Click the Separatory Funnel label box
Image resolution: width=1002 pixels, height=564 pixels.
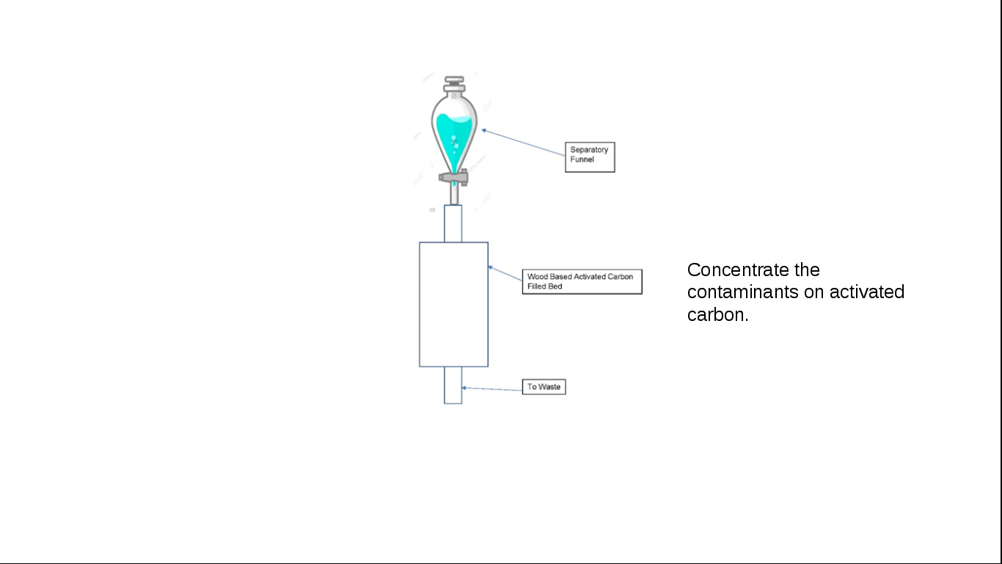[x=590, y=157]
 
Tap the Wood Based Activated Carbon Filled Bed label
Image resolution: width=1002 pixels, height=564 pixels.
[x=582, y=282]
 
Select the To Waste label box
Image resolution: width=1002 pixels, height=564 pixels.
[x=544, y=387]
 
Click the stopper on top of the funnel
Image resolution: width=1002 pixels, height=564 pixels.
[x=454, y=84]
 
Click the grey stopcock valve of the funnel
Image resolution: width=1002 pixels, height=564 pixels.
[x=453, y=178]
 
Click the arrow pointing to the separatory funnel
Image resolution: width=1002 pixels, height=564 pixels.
[x=523, y=143]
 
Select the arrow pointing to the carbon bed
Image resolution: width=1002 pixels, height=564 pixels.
[x=505, y=273]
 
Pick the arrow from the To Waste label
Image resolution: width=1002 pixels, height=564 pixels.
[x=491, y=388]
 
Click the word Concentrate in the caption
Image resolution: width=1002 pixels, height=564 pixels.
[x=738, y=270]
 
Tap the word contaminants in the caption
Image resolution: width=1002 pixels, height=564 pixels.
[x=743, y=292]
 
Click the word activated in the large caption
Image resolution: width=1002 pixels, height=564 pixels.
[x=867, y=292]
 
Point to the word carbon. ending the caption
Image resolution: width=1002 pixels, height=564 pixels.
[x=718, y=315]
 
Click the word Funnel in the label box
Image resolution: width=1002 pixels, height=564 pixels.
[x=582, y=159]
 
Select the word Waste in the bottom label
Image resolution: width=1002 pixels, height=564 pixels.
[x=549, y=387]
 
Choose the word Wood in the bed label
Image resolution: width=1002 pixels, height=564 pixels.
[x=537, y=277]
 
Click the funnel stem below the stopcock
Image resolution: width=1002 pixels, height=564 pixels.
[x=454, y=195]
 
